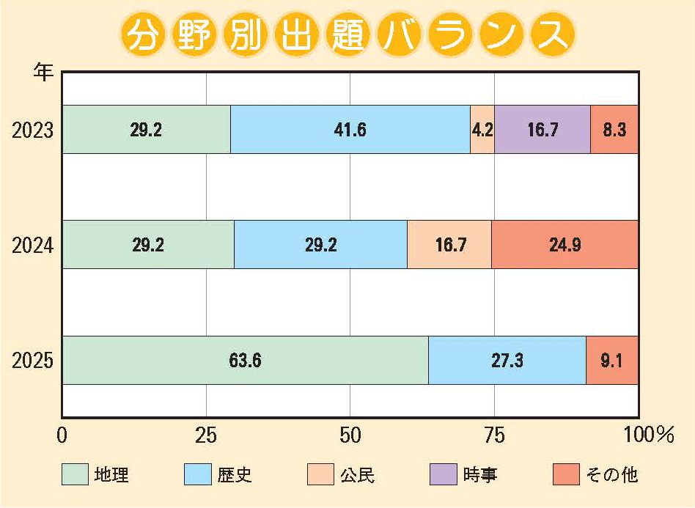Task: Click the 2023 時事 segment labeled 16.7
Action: click(543, 130)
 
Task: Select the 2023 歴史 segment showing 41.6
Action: click(350, 130)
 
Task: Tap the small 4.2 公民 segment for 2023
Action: click(482, 130)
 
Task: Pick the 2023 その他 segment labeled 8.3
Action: click(614, 130)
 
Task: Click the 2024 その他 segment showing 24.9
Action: click(565, 244)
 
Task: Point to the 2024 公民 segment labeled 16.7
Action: click(449, 244)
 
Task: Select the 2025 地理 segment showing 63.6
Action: click(245, 360)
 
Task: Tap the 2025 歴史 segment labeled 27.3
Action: click(507, 360)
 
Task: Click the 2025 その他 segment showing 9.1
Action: click(612, 360)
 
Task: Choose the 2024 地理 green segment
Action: click(147, 244)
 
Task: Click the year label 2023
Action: click(33, 130)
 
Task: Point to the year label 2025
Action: click(33, 361)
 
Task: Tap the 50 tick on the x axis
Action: click(350, 435)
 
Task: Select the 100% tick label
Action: click(648, 435)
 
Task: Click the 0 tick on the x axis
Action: click(62, 435)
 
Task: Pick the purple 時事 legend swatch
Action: click(442, 474)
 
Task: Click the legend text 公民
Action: click(358, 475)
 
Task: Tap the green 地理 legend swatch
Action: click(75, 474)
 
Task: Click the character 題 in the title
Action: click(348, 34)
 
